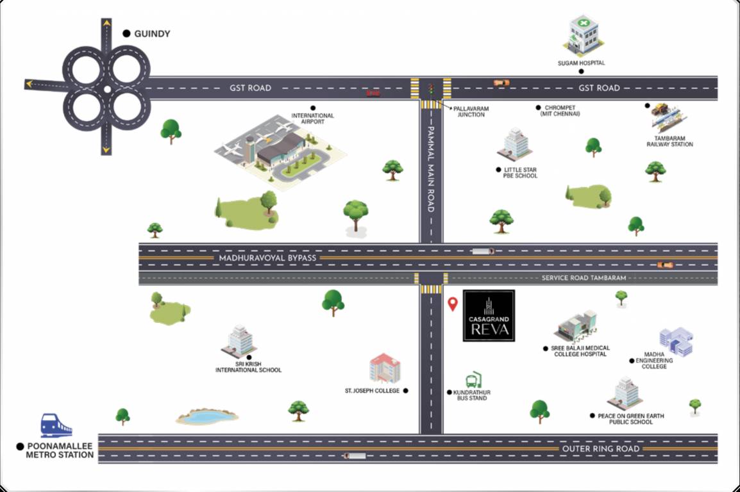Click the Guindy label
152,33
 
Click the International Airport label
313,119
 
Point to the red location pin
453,304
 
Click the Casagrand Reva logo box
489,315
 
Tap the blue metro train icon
56,425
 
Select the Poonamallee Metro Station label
60,450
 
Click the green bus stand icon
473,380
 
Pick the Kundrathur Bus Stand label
471,395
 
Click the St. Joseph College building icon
385,368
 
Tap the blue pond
206,417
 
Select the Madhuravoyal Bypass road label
267,258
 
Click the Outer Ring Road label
600,448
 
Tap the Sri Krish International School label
248,366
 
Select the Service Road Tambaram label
584,278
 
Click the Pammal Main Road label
431,169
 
